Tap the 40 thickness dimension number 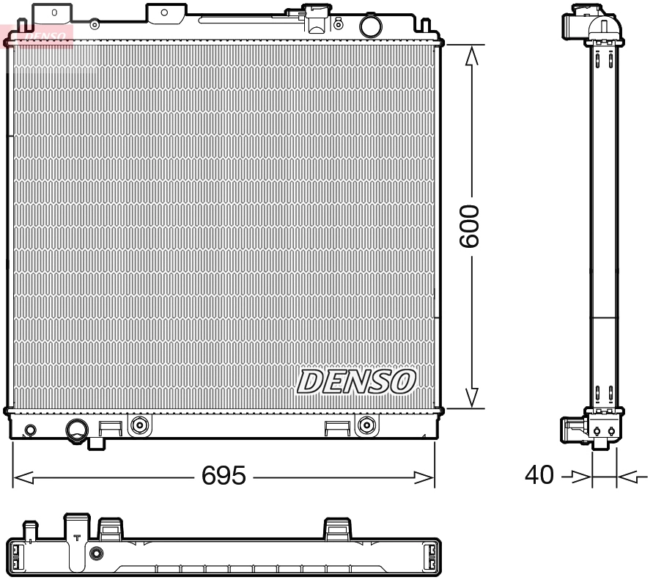click(x=539, y=476)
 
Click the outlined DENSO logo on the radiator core click(x=356, y=381)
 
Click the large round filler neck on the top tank click(x=371, y=26)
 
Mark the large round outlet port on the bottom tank click(x=77, y=429)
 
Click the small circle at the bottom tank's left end click(x=30, y=430)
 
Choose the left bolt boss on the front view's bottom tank click(x=139, y=425)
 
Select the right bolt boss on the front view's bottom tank click(x=366, y=425)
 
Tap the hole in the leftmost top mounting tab click(x=54, y=13)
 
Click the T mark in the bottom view click(x=77, y=537)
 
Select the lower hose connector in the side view click(x=573, y=430)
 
